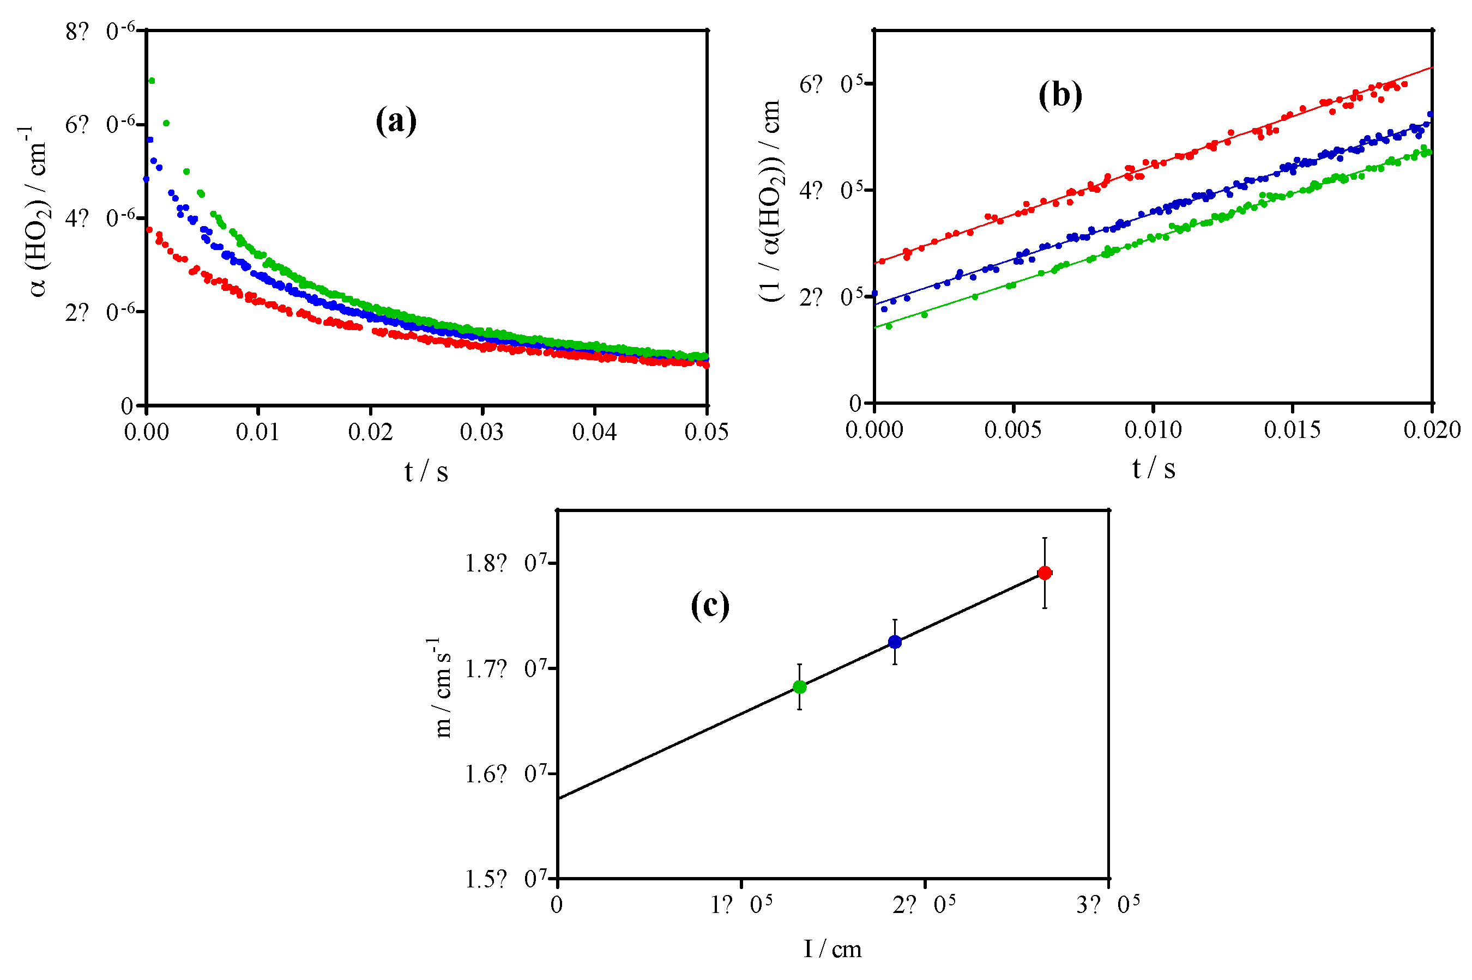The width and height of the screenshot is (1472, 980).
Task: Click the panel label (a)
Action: pos(395,120)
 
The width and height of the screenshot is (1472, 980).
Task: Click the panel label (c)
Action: pos(709,605)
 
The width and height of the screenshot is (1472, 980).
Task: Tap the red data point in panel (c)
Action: pos(1043,573)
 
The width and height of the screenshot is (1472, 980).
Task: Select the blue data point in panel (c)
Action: pos(894,642)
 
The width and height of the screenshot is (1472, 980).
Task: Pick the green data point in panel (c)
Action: pos(799,687)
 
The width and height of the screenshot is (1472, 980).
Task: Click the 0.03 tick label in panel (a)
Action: pos(481,431)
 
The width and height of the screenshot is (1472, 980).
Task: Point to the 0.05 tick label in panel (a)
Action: pos(706,431)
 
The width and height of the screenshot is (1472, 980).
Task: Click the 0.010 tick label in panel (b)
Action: pos(1153,429)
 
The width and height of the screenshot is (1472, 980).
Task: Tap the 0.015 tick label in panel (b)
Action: pos(1292,429)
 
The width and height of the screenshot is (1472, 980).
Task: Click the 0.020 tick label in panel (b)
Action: pos(1431,429)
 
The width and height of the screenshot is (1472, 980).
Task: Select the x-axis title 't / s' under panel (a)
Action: pos(426,472)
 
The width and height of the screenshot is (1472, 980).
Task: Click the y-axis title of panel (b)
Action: pos(770,200)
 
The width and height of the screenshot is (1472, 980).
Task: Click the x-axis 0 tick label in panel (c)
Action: pos(556,904)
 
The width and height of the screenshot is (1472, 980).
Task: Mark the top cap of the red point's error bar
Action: pos(1044,538)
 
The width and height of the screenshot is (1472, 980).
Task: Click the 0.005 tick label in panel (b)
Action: pos(1012,429)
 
